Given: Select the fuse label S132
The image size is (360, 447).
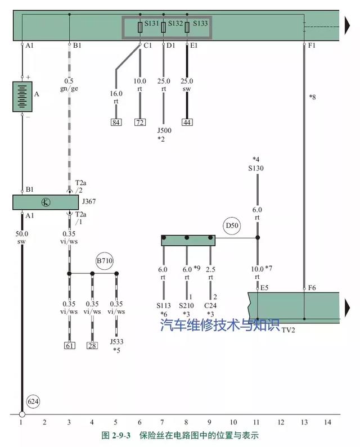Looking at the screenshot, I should (175, 24).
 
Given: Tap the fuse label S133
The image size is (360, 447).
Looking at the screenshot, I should (200, 24).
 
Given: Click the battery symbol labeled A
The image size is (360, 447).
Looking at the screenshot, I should (22, 97).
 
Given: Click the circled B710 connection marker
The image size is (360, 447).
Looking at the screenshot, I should (104, 261).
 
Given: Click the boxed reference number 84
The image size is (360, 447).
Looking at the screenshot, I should (116, 122).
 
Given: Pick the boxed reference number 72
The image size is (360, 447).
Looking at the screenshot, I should (140, 122).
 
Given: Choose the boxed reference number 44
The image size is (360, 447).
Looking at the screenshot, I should (187, 122).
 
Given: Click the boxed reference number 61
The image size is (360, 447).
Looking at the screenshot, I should (69, 345).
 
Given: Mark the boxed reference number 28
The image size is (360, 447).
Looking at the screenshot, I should (92, 345).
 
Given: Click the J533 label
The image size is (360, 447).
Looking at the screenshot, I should (116, 341).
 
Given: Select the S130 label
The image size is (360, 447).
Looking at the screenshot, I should (256, 168).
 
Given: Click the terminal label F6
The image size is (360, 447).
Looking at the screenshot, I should (312, 287).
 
